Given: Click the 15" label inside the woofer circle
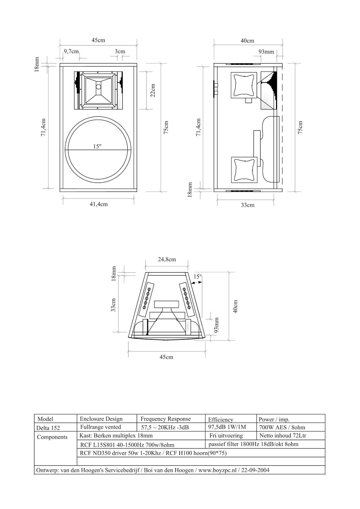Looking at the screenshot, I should click(97, 146).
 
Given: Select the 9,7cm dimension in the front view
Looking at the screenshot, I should click(71, 51).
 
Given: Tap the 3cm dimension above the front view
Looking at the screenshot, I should click(120, 51).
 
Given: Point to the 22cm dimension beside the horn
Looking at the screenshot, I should click(153, 90).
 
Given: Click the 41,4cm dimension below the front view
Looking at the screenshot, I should click(98, 204).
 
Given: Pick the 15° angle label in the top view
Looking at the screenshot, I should click(197, 276).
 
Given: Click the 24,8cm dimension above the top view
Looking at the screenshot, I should click(167, 259).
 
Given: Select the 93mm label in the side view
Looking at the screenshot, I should click(266, 52).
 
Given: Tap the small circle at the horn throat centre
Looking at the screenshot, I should click(99, 87).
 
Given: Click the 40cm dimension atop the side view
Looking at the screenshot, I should click(247, 40).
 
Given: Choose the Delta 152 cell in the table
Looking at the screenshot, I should click(48, 428).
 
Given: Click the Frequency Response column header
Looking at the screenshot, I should click(165, 419).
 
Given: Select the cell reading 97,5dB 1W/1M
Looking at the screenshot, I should click(227, 427).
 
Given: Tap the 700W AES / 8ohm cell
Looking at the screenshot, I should click(282, 427).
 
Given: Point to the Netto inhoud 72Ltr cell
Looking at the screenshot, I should click(283, 436).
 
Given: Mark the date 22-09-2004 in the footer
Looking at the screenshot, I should click(255, 470).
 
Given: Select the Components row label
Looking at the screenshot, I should click(52, 437).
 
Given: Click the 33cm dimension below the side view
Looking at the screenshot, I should click(247, 205).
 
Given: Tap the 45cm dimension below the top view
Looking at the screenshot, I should click(166, 357).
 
